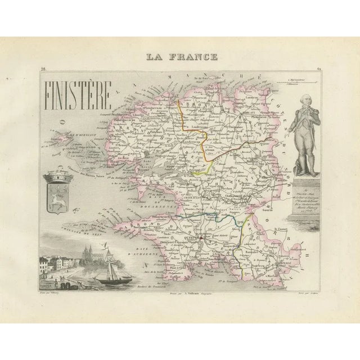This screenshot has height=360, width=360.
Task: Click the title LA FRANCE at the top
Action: click(x=179, y=56)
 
